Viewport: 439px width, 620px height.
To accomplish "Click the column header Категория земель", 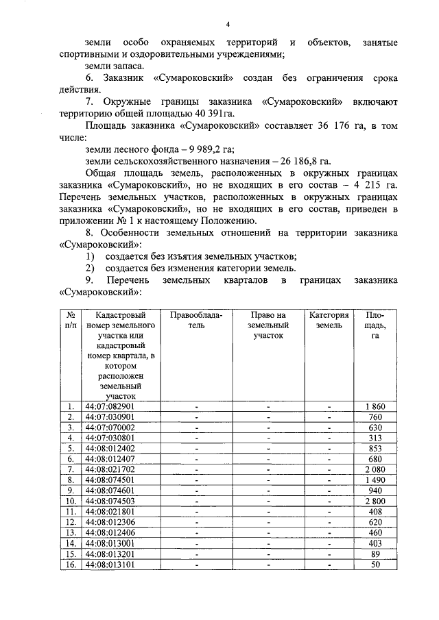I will [x=329, y=320].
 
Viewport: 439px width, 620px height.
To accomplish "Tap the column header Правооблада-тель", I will [x=196, y=320].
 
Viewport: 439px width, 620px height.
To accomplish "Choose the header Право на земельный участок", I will [x=267, y=325].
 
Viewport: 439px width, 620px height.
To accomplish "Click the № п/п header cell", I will [x=71, y=320].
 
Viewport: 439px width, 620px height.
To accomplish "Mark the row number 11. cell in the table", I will [x=71, y=511].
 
